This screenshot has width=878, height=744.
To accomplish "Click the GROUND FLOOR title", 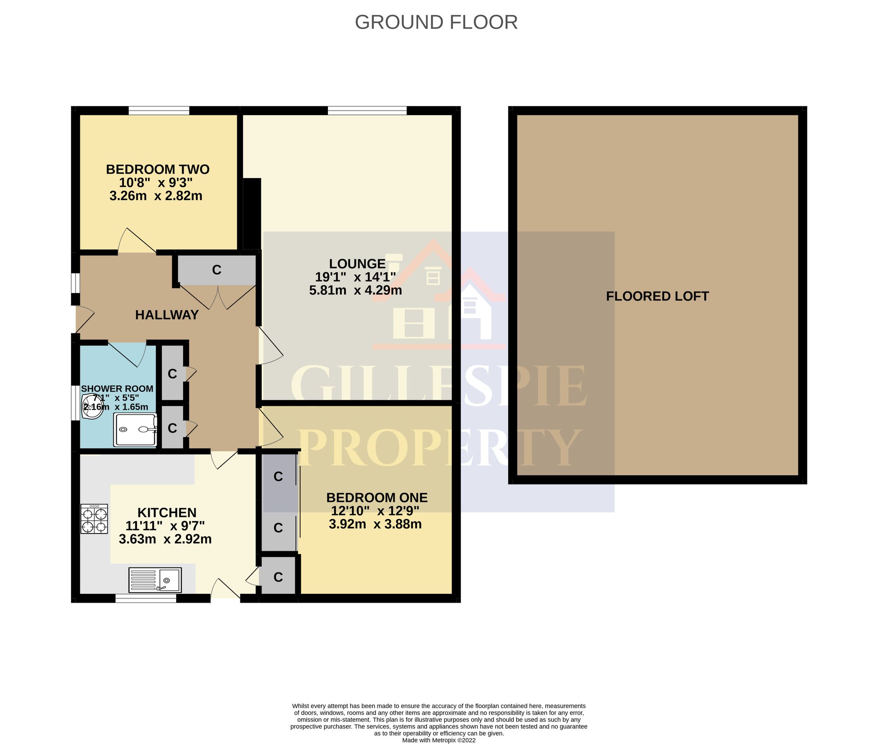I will (x=436, y=22).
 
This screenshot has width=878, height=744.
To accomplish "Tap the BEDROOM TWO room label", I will (x=158, y=169).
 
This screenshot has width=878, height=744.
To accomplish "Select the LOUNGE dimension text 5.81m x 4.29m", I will (x=355, y=290).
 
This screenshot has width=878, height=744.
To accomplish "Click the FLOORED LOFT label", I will (x=657, y=296).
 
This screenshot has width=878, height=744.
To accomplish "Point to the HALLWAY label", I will (x=167, y=315).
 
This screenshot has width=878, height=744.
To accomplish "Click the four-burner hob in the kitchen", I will (x=94, y=519).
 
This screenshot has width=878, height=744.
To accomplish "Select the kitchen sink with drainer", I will (x=155, y=580).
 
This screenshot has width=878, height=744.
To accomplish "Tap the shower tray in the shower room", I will (x=135, y=429).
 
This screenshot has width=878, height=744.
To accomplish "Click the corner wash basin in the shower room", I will (x=91, y=407).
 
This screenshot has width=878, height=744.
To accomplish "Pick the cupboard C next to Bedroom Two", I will (x=216, y=270).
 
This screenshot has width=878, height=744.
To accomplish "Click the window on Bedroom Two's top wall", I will (x=159, y=110).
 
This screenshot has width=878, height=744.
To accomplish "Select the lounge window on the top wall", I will (x=367, y=110).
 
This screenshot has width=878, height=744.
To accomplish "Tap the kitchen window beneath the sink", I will (x=146, y=598).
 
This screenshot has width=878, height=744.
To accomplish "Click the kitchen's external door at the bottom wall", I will (x=226, y=591).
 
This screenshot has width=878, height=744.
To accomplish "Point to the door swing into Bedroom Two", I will (x=136, y=242).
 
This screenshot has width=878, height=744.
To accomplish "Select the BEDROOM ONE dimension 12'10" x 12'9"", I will (x=375, y=511).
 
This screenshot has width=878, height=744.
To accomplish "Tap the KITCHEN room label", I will (x=167, y=513).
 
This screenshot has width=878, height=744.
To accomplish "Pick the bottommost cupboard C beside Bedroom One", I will (x=278, y=577).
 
